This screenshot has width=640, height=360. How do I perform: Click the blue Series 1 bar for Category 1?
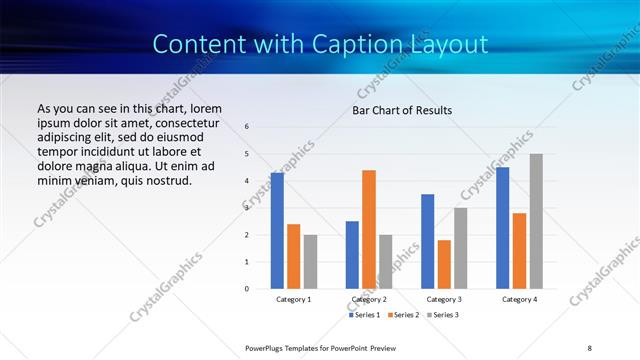[x=277, y=231]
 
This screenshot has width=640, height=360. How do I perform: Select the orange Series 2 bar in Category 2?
[x=369, y=229]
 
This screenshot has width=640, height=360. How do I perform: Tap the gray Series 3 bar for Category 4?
[x=536, y=221]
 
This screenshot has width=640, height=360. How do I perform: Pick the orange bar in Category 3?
[x=444, y=264]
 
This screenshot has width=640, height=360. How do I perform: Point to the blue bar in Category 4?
[x=503, y=228]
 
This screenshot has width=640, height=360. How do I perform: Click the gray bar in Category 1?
[x=310, y=262]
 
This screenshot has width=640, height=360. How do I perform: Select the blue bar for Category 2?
[x=352, y=255]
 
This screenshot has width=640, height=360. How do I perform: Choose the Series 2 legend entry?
[x=403, y=315]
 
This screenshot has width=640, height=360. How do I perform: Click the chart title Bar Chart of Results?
[x=402, y=110]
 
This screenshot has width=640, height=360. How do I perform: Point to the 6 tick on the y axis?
[x=248, y=127]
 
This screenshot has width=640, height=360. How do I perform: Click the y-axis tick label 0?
[x=248, y=289]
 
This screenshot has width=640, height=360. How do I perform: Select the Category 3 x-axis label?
[x=444, y=299]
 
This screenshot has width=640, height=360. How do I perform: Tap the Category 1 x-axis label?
[x=293, y=299]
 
